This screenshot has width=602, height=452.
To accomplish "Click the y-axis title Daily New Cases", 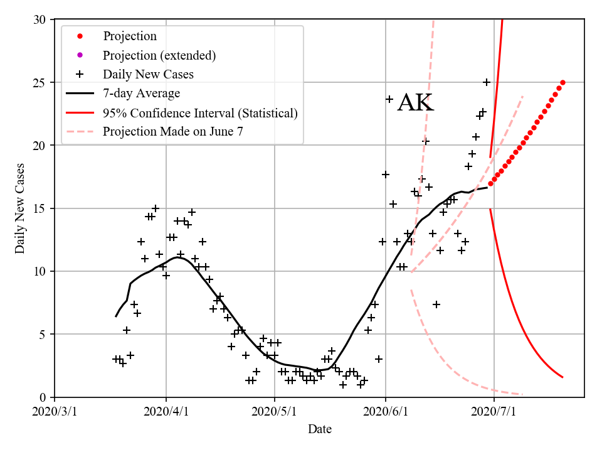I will (x=20, y=208).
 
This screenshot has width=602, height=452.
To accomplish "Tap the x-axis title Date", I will (x=319, y=429).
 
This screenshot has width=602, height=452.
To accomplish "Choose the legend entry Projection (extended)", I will (x=159, y=55).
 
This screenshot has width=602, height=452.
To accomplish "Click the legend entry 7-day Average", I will (x=141, y=94).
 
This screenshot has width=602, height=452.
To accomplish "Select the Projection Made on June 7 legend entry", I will (x=172, y=132).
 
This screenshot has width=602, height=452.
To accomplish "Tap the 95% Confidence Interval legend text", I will (x=200, y=113).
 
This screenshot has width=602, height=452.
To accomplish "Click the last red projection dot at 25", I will (x=562, y=82).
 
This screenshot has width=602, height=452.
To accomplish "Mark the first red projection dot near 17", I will (x=490, y=184).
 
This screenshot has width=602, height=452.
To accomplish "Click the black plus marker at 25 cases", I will (x=487, y=82).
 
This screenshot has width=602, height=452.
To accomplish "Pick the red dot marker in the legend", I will (x=80, y=36).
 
